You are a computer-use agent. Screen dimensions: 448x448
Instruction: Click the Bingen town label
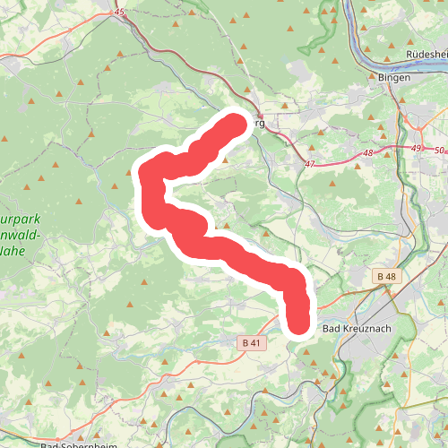[394, 78]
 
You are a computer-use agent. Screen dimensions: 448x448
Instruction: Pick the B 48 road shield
[386, 277]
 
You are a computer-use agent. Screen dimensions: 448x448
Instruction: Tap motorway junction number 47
[310, 165]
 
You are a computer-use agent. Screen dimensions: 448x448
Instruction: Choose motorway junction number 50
[438, 151]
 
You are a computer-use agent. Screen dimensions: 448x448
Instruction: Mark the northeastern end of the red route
[236, 123]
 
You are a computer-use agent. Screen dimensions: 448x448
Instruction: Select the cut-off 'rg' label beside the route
[260, 123]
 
